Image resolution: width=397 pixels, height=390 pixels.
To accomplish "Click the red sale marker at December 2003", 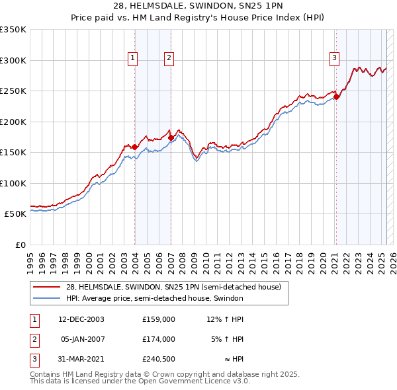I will [135, 147].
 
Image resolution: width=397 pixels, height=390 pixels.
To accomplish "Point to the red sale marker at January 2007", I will [171, 137].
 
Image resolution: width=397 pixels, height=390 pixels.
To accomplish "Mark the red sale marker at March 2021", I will [336, 97].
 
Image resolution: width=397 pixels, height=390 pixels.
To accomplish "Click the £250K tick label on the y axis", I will [13, 91].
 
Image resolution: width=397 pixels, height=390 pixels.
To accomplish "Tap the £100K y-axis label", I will [13, 183].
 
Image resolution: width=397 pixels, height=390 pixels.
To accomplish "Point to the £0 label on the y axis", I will [20, 245].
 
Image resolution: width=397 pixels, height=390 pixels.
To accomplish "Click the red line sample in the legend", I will [46, 287].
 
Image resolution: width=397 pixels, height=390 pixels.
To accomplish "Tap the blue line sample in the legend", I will [46, 298].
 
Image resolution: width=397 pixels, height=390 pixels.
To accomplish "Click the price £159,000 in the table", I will [158, 319].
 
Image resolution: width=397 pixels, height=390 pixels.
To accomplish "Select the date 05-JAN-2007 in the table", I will [83, 339].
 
